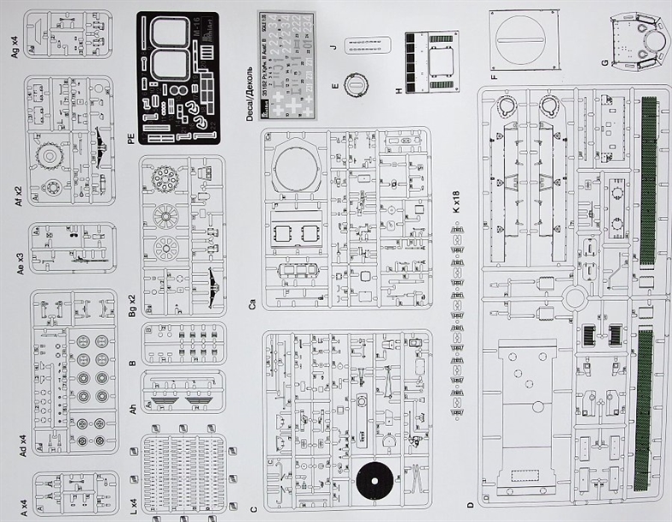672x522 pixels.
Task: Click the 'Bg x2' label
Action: (131, 306)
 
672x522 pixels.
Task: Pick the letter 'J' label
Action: (332, 50)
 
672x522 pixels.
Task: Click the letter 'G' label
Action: (605, 63)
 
